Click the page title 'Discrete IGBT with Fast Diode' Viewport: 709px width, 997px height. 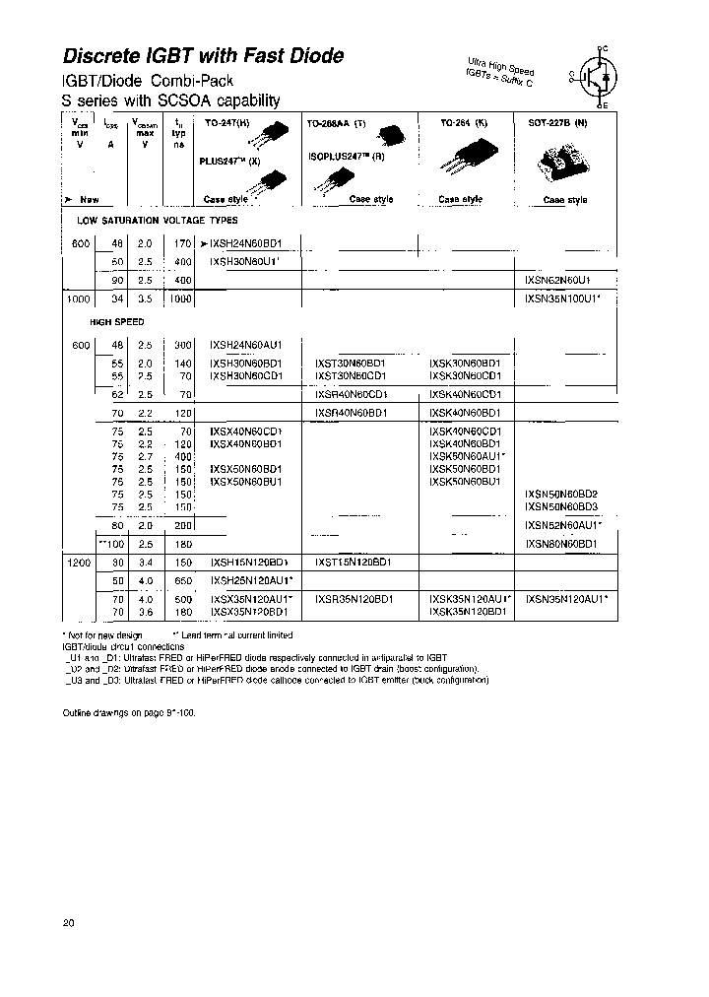point(204,56)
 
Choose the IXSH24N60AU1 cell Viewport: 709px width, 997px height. point(246,345)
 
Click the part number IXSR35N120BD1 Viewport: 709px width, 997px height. point(354,598)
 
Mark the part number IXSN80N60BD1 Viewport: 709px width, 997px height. point(561,543)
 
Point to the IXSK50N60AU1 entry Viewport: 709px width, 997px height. point(468,456)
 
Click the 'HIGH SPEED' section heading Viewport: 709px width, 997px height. point(117,322)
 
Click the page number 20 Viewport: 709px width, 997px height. point(68,923)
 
